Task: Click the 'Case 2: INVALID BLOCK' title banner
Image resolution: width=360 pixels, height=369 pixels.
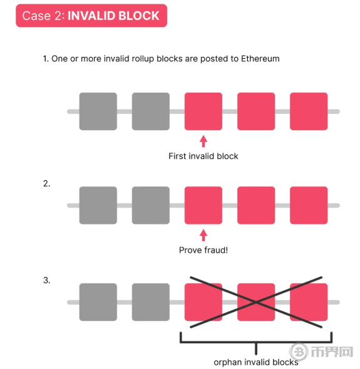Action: (91, 16)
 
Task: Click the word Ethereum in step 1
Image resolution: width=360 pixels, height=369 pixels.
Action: (260, 59)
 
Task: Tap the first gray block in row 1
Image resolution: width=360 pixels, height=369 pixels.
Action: (98, 111)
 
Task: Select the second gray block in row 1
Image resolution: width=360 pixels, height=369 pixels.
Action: (151, 111)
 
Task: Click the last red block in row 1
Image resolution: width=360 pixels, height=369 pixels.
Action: (309, 111)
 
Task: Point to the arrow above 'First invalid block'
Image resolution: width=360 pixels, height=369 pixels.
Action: (203, 141)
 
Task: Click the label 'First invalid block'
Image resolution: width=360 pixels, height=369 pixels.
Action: (203, 156)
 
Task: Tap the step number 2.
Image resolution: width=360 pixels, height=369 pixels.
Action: (47, 183)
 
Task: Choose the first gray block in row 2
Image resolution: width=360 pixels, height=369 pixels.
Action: (98, 205)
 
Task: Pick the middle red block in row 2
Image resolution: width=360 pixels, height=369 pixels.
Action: (256, 205)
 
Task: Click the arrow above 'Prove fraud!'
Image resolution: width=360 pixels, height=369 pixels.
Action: (203, 235)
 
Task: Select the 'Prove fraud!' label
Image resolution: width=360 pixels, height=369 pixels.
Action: (203, 250)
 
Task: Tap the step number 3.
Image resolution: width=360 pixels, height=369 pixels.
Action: (47, 280)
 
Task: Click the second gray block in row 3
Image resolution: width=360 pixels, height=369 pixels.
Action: (151, 302)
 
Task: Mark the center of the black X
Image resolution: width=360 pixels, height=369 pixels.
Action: (256, 302)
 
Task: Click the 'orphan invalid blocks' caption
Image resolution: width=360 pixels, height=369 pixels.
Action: (256, 362)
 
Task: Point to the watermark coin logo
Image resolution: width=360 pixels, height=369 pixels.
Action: (299, 352)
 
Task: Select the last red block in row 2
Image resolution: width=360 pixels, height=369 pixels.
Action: (309, 205)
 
